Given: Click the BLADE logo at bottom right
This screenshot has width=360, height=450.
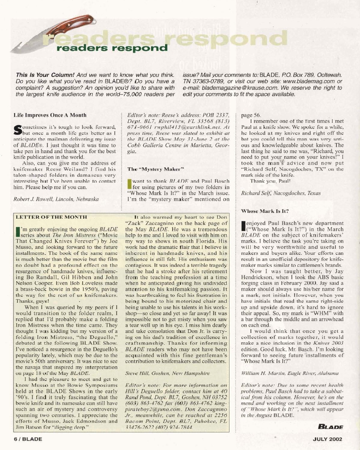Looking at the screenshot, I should (x=340, y=426).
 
